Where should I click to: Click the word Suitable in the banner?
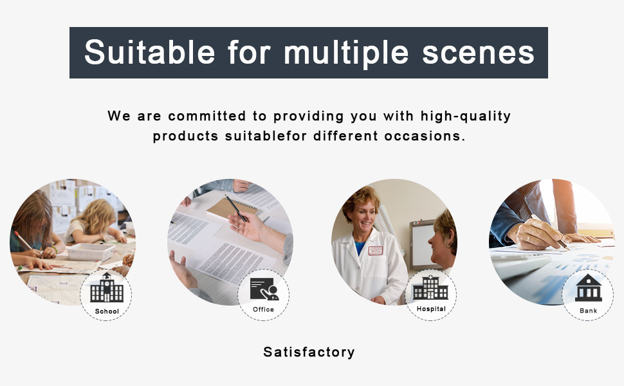pyautogui.click(x=150, y=52)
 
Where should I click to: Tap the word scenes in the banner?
pyautogui.click(x=478, y=53)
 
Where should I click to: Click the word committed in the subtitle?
pyautogui.click(x=207, y=116)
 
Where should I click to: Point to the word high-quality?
pyautogui.click(x=466, y=116)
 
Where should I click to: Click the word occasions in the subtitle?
pyautogui.click(x=425, y=136)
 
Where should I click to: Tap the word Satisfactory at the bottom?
pyautogui.click(x=309, y=352)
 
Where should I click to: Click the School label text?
pyautogui.click(x=107, y=311)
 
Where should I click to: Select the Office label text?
pyautogui.click(x=264, y=309)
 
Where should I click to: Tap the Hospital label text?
pyautogui.click(x=431, y=309)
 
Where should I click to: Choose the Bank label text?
pyautogui.click(x=588, y=311)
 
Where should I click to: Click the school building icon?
pyautogui.click(x=107, y=288)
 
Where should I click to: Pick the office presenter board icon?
pyautogui.click(x=264, y=289)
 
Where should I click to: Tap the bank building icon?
pyautogui.click(x=588, y=288)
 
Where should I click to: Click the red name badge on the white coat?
pyautogui.click(x=375, y=250)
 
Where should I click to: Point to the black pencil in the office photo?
pyautogui.click(x=236, y=208)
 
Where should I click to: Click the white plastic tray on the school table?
pyautogui.click(x=91, y=252)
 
